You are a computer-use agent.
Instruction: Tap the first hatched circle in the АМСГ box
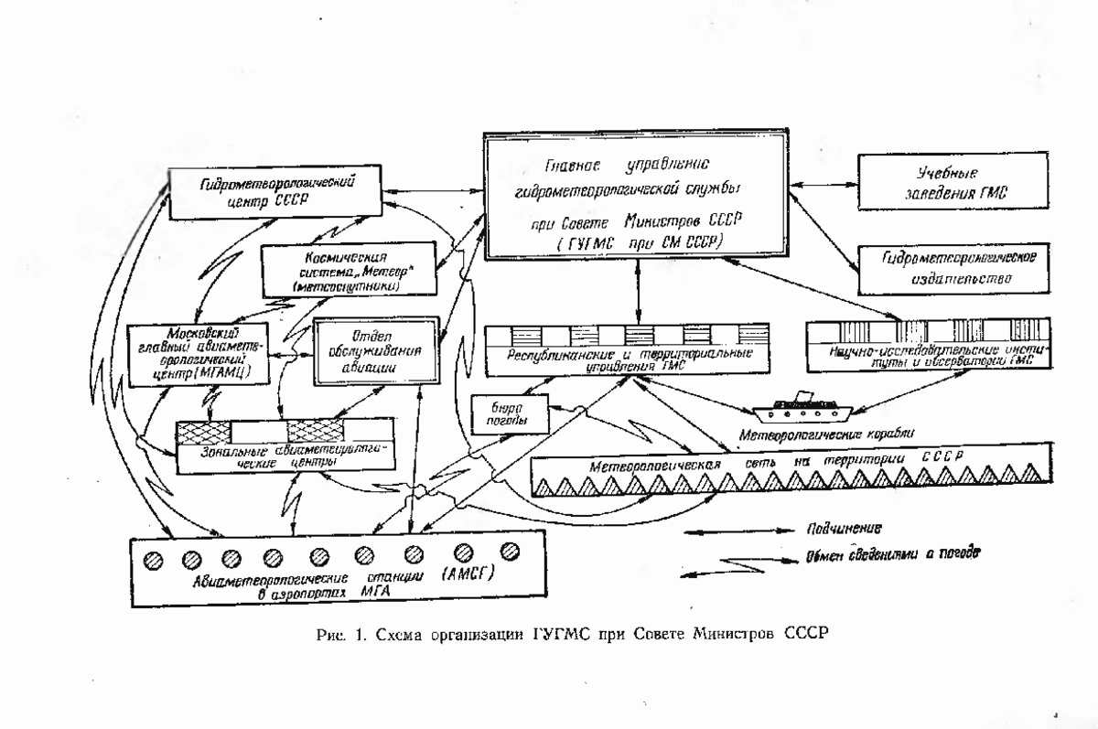[150, 557]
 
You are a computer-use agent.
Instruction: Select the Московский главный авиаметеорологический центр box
[199, 353]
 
